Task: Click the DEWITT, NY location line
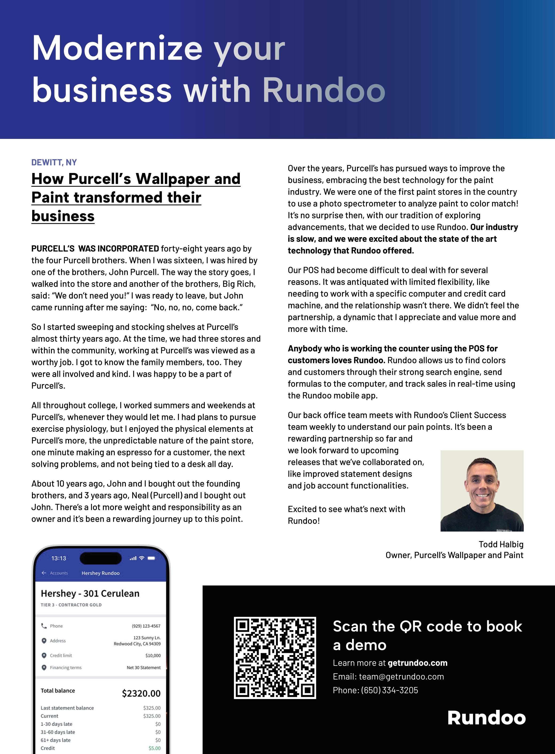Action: [54, 162]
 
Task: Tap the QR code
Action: [275, 658]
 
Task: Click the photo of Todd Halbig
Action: [482, 491]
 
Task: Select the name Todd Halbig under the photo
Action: [501, 544]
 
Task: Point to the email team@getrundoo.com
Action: [401, 676]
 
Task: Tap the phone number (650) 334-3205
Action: [390, 690]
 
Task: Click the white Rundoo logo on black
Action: [486, 718]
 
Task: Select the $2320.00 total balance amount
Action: [141, 694]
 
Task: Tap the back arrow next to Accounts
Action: [44, 573]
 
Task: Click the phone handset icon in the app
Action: [44, 626]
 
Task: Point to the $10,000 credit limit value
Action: [153, 656]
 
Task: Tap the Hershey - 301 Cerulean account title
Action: [90, 594]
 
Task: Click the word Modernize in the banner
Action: [117, 49]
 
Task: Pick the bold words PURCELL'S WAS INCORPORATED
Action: [95, 249]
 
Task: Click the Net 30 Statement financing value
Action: [144, 668]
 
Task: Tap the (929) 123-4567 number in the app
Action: [146, 626]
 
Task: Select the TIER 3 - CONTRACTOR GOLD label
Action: [71, 605]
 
